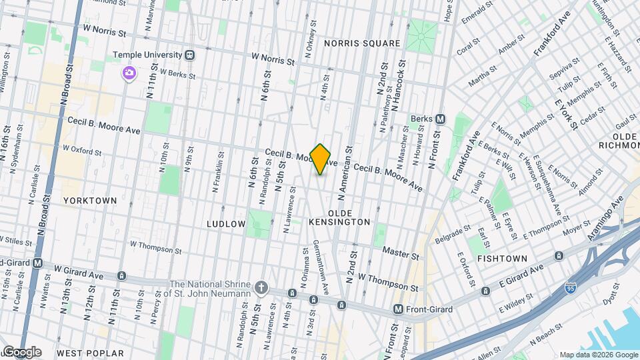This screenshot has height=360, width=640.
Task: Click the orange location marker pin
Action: tap(321, 159)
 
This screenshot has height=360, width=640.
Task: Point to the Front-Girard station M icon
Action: tap(399, 309)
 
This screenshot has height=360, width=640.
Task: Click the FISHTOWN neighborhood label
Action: tap(503, 258)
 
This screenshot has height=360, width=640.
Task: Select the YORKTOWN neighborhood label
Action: tap(90, 200)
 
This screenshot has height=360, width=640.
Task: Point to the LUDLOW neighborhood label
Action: tap(226, 224)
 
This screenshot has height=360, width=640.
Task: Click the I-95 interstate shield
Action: tap(570, 289)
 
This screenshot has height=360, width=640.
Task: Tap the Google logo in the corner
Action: tap(22, 352)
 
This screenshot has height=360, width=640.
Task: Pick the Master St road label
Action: tap(400, 253)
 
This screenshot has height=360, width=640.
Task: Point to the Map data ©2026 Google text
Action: tap(598, 355)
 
